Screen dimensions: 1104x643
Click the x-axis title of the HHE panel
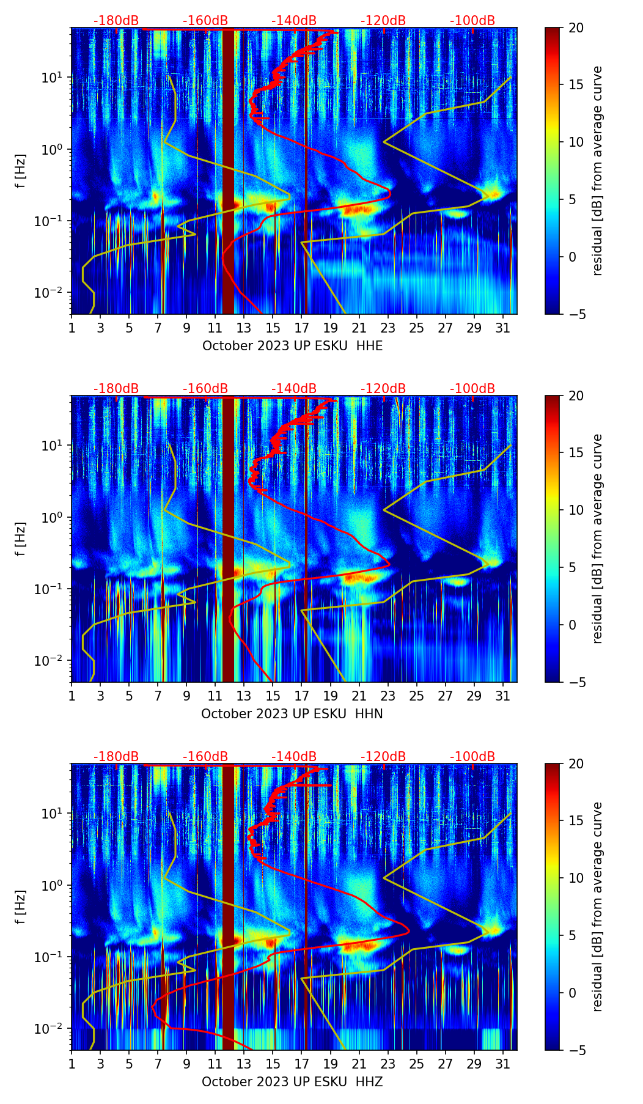[x=292, y=346]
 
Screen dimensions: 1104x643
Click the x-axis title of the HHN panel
[x=292, y=714]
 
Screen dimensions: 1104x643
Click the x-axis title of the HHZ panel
[x=292, y=1082]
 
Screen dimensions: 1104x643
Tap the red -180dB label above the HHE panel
[x=116, y=21]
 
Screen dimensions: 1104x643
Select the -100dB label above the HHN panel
[x=472, y=389]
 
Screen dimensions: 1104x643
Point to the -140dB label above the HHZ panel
[x=294, y=757]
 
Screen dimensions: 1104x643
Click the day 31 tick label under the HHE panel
[x=502, y=328]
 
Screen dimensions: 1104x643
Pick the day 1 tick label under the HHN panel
[x=72, y=696]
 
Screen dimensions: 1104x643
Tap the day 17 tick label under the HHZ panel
[x=301, y=1064]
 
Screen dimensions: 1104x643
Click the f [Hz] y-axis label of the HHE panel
[x=21, y=171]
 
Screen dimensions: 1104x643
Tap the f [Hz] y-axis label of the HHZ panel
[x=21, y=907]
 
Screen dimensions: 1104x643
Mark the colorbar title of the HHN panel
[x=598, y=539]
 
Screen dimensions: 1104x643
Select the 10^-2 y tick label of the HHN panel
[x=51, y=661]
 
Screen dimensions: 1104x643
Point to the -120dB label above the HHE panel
[x=383, y=21]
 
